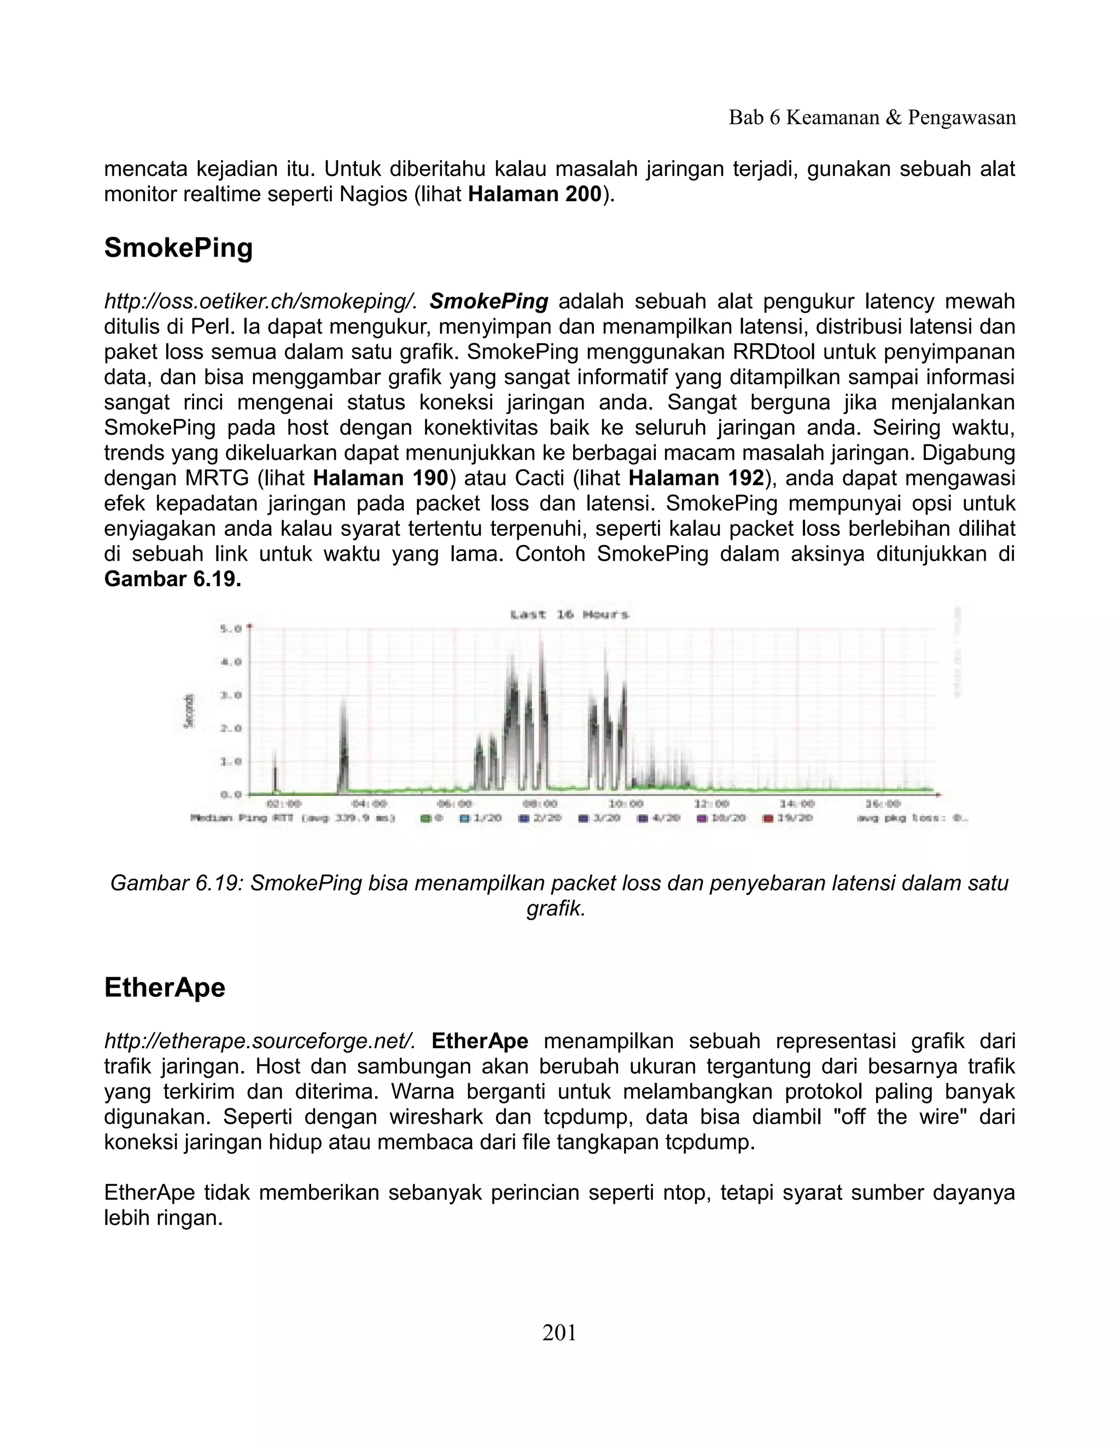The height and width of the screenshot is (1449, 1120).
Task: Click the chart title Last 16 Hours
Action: [x=569, y=615]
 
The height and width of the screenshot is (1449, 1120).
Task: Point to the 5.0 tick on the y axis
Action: [x=231, y=628]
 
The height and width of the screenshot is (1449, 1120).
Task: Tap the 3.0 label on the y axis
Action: [x=231, y=696]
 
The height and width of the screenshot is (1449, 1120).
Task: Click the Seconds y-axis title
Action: [x=189, y=712]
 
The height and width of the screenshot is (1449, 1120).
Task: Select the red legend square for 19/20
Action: [x=768, y=819]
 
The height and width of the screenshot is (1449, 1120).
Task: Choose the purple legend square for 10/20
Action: [x=701, y=819]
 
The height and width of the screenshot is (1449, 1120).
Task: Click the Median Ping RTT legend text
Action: [x=293, y=818]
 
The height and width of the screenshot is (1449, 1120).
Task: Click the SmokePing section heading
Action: [x=178, y=248]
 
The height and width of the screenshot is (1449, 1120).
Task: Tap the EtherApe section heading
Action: [x=165, y=988]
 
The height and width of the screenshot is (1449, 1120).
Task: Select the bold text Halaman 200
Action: [x=534, y=195]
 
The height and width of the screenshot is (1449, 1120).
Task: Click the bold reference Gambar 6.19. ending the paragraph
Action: [x=172, y=579]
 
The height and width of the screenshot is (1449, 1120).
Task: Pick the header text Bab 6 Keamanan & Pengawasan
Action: [x=872, y=118]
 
